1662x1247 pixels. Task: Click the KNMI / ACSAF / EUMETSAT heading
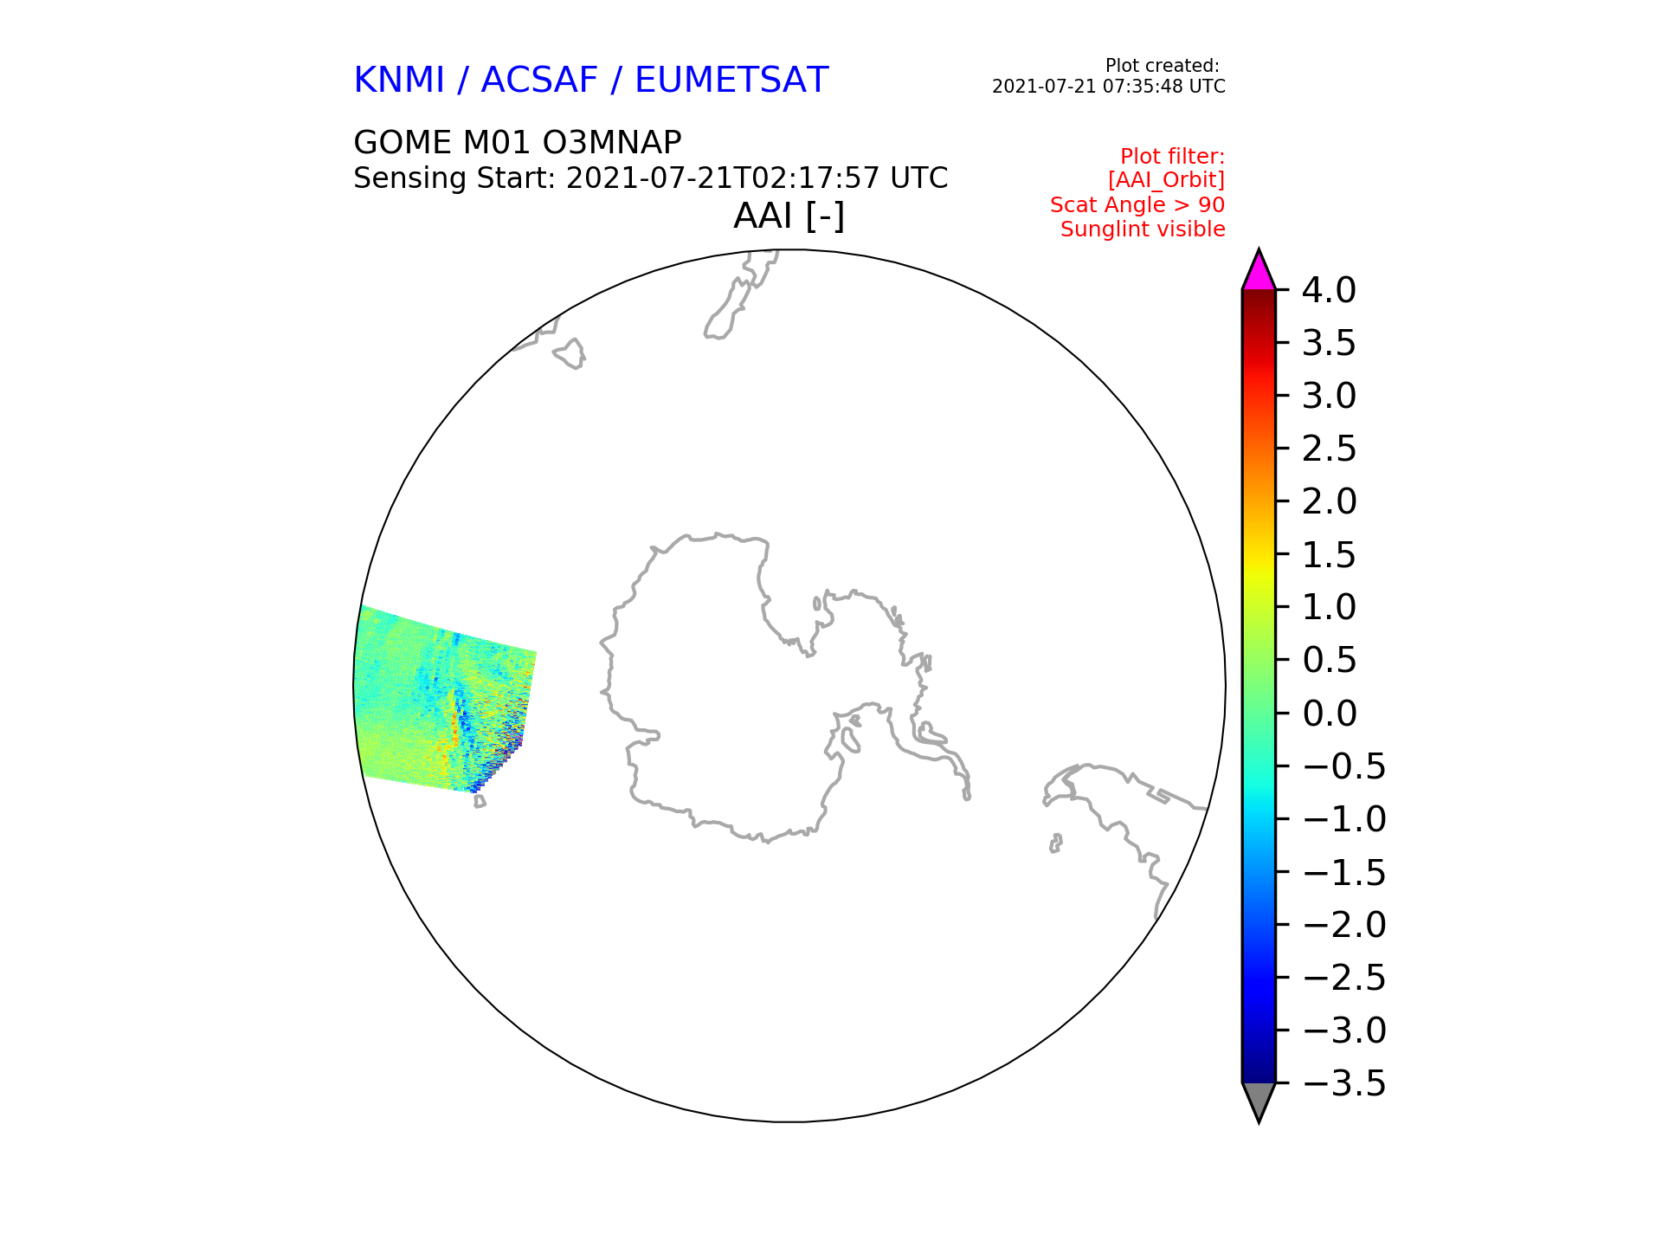coord(591,81)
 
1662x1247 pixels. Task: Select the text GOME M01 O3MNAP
coord(518,142)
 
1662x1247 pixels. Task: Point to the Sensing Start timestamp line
coord(651,178)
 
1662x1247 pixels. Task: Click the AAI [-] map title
coord(789,216)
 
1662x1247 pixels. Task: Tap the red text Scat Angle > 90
coord(1137,205)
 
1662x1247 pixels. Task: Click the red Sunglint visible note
coord(1143,229)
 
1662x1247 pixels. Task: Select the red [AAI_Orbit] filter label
coord(1166,180)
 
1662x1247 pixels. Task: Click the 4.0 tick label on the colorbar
coord(1329,291)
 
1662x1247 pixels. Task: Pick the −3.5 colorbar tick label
coord(1343,1083)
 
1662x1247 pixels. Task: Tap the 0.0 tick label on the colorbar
coord(1329,714)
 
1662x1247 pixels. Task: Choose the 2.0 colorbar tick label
coord(1329,501)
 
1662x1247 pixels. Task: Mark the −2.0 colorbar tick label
coord(1343,925)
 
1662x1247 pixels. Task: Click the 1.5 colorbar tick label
coord(1329,555)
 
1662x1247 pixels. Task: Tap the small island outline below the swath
coord(480,802)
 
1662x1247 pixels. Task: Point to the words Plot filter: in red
coord(1172,157)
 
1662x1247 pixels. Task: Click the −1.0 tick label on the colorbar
coord(1343,819)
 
